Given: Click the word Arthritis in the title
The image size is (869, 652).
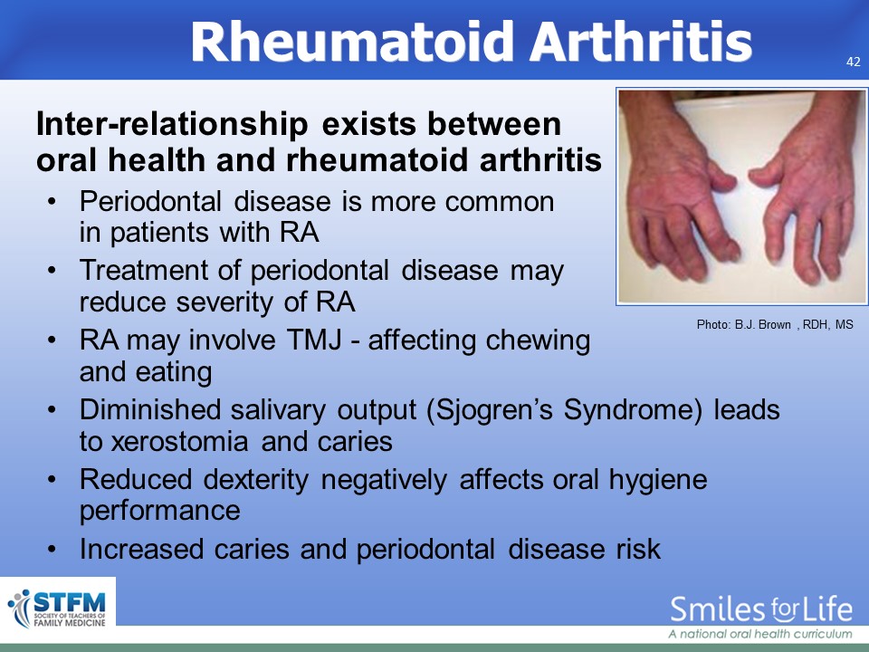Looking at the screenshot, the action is pyautogui.click(x=641, y=42).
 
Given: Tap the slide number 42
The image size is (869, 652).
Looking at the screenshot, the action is pyautogui.click(x=854, y=62).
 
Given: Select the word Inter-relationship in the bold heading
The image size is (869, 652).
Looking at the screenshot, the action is pyautogui.click(x=172, y=124).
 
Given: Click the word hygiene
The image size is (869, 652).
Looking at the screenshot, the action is pyautogui.click(x=658, y=480).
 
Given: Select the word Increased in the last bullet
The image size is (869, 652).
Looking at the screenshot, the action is pyautogui.click(x=141, y=549).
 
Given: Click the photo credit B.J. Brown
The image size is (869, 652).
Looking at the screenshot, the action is pyautogui.click(x=762, y=325).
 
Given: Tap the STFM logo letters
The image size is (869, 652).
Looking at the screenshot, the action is pyautogui.click(x=70, y=601).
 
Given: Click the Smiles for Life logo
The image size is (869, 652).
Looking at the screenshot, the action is pyautogui.click(x=761, y=609).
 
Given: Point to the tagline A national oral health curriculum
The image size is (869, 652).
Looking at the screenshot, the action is pyautogui.click(x=760, y=634).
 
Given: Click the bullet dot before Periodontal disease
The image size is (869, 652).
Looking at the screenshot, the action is pyautogui.click(x=52, y=202).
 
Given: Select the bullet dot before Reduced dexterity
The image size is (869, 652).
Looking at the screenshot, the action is pyautogui.click(x=52, y=480).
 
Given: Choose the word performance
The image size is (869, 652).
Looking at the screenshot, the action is pyautogui.click(x=160, y=511).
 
